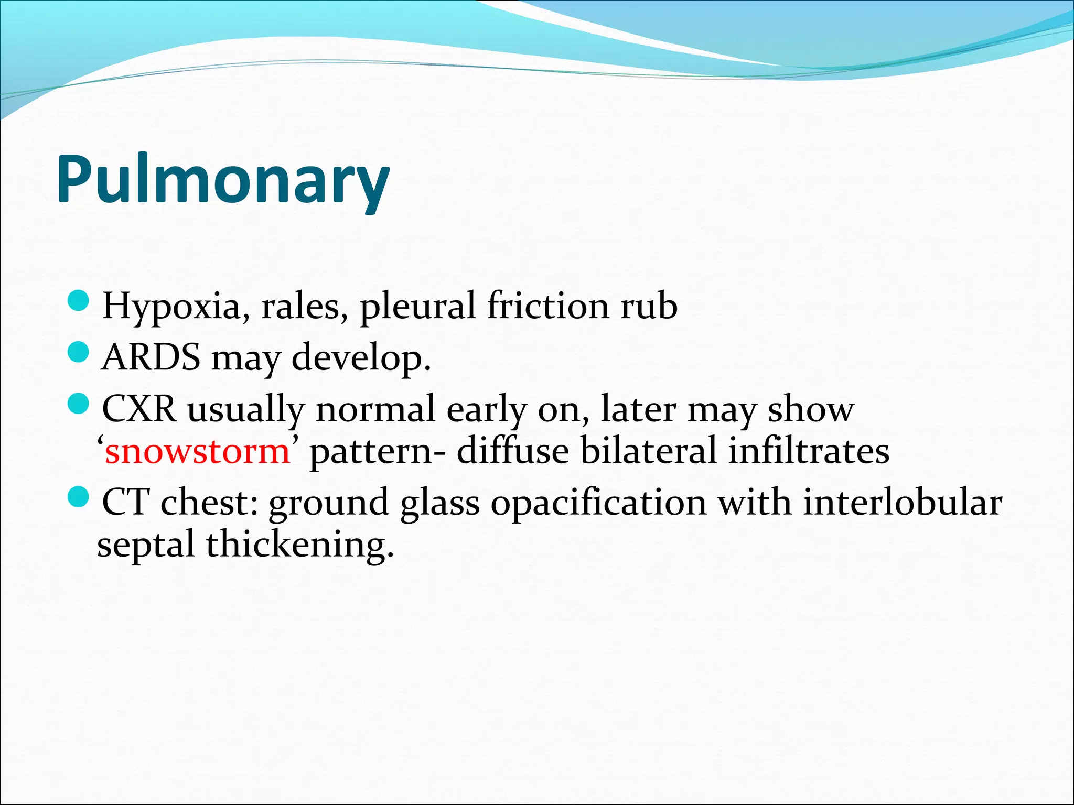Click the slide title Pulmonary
click(223, 179)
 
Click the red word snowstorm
click(197, 451)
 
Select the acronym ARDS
click(151, 357)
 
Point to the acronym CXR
click(139, 409)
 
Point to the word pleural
click(417, 306)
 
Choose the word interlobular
click(903, 502)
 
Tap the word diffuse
click(513, 451)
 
